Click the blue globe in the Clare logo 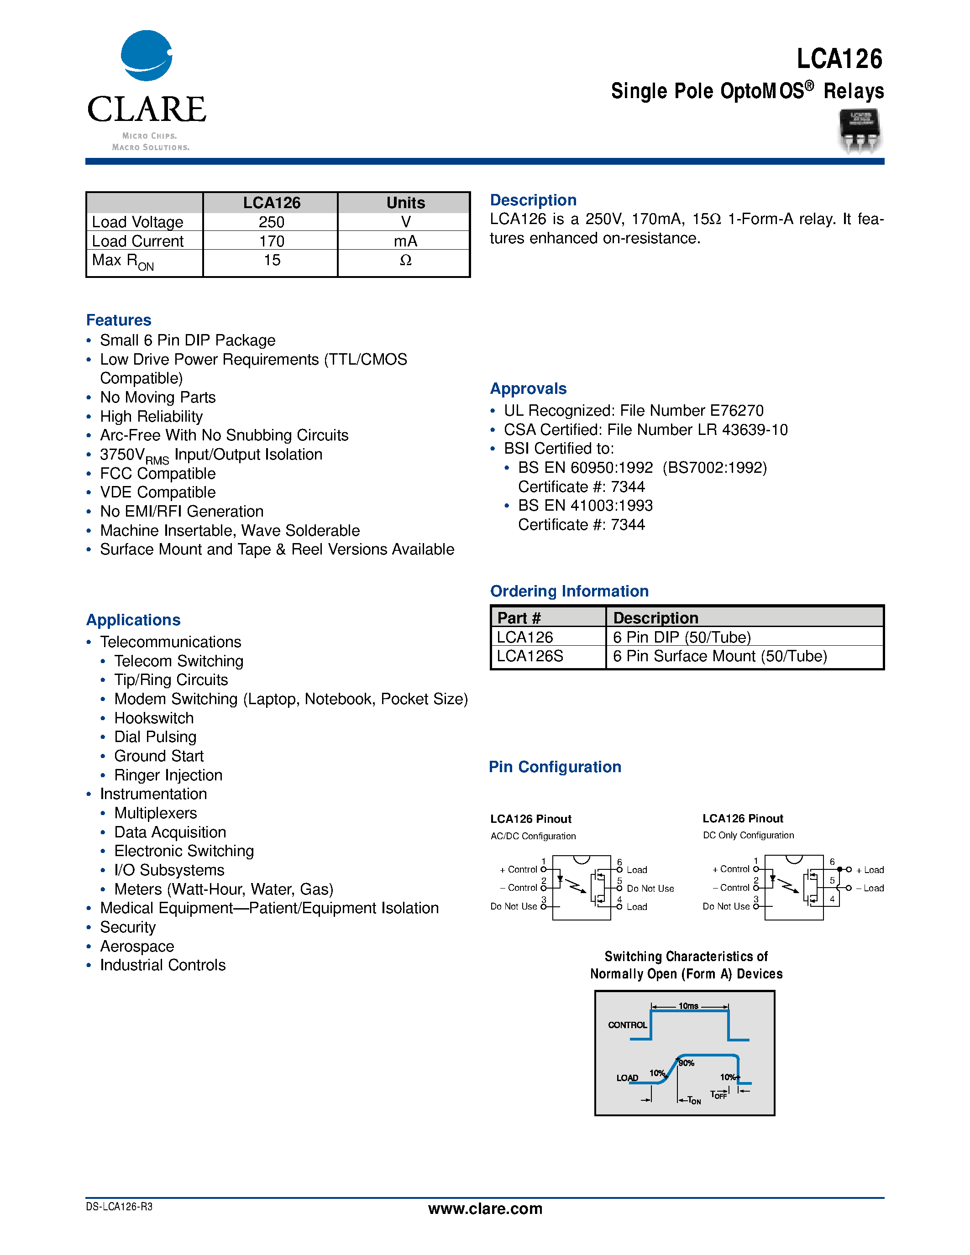(x=146, y=56)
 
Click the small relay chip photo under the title (x=860, y=131)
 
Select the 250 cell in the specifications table (x=271, y=222)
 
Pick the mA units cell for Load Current (x=405, y=241)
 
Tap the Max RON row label (x=123, y=261)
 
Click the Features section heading (x=118, y=320)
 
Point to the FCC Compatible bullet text (x=158, y=474)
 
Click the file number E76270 (x=737, y=410)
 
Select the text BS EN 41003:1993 (x=585, y=506)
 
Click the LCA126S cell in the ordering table (x=530, y=656)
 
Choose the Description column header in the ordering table (x=655, y=618)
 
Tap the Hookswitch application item (x=154, y=718)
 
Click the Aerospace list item (x=137, y=946)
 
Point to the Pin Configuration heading (x=555, y=767)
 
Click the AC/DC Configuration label (x=533, y=836)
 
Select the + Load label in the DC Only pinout (x=870, y=870)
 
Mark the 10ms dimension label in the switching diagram (x=688, y=1006)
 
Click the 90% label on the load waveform (x=686, y=1063)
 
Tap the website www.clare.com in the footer (x=485, y=1209)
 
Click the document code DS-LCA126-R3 (x=119, y=1207)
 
